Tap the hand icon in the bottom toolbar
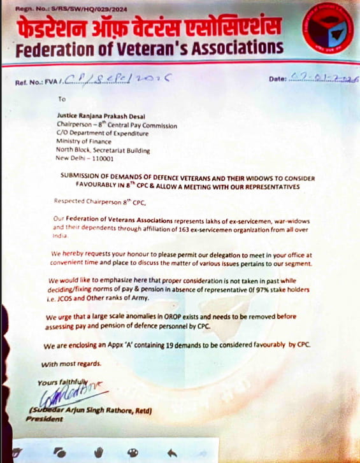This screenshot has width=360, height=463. click(99, 452)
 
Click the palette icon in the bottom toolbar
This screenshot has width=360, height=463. click(133, 452)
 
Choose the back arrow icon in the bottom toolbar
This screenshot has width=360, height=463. click(171, 452)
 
